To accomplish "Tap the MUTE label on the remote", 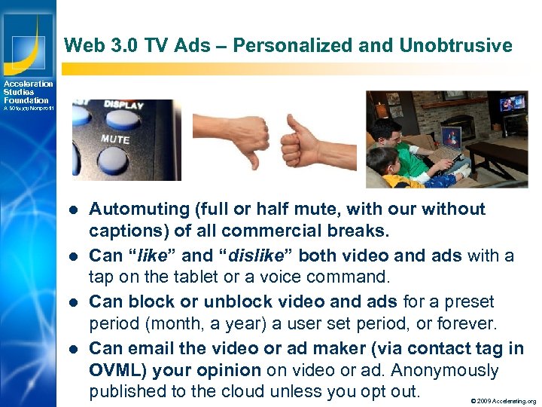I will [115, 139].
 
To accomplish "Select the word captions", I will [120, 232].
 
